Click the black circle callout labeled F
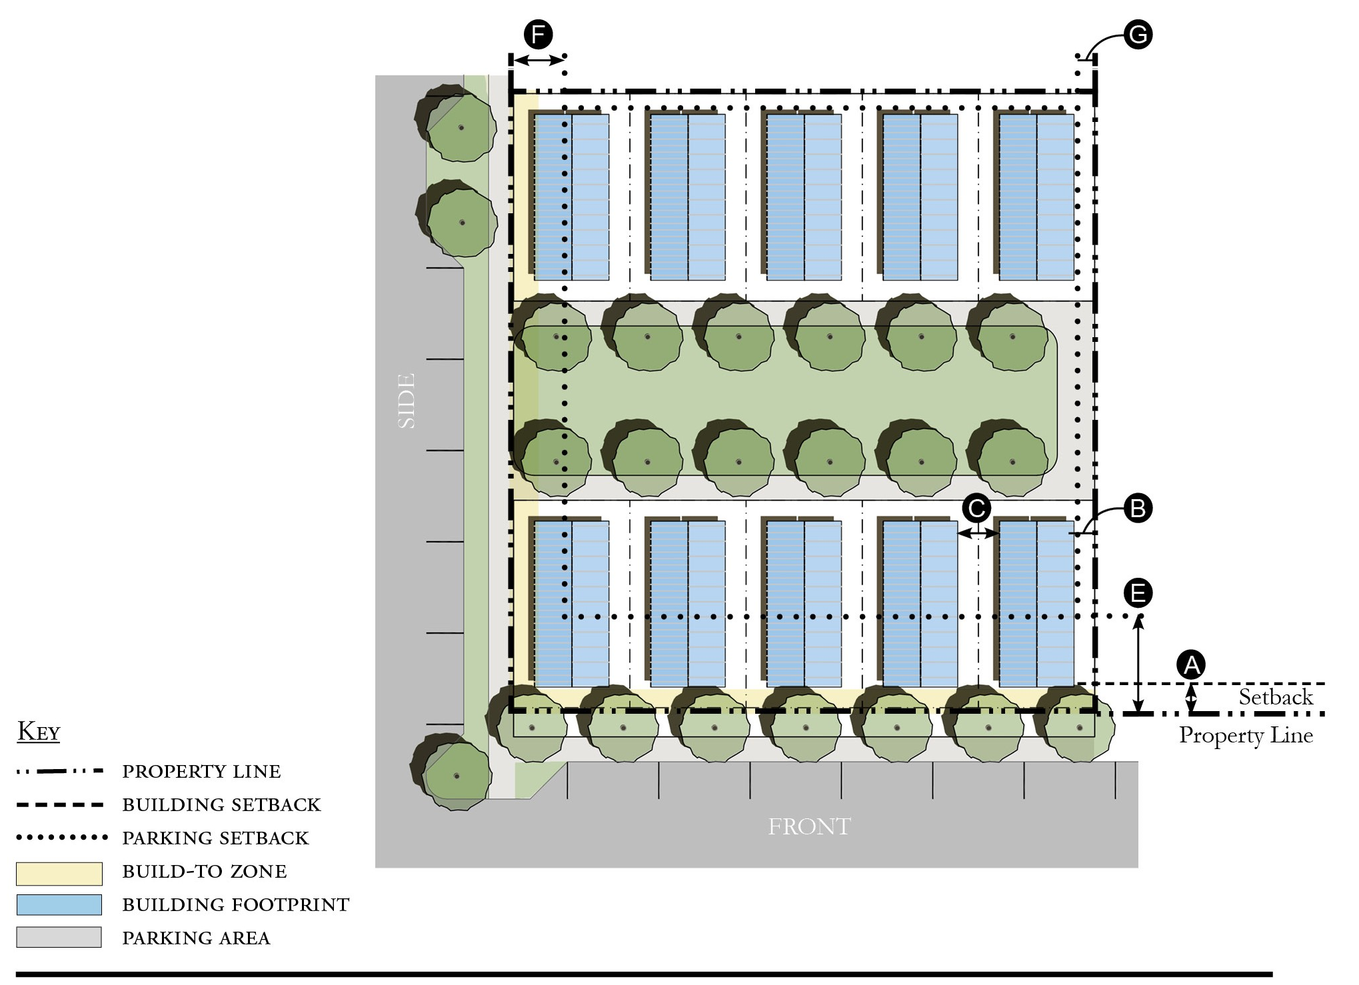538,34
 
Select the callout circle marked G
1138,34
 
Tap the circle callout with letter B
1138,508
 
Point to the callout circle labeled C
977,509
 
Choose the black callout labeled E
1138,593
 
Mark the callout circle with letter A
1191,664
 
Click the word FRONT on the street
809,827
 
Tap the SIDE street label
406,401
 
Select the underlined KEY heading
39,732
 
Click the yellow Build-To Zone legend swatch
59,873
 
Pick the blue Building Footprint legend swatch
59,905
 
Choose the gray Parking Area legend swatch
59,937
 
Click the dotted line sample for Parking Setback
61,837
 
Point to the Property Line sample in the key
60,771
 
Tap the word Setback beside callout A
1276,697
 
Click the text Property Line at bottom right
1246,735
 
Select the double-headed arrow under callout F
539,60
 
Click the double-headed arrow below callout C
978,533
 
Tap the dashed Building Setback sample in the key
60,804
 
